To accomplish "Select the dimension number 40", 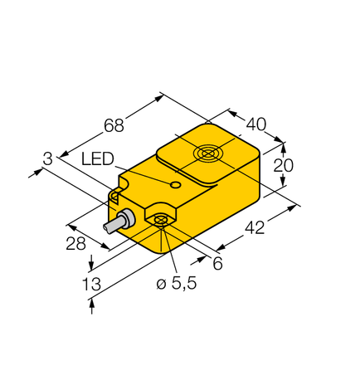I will [256, 124].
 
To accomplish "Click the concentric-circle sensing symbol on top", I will [207, 154].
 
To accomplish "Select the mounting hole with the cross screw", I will [160, 219].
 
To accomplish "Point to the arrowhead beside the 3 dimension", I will [37, 172].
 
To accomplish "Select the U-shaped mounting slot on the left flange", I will [117, 196].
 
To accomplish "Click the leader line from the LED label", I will [145, 172].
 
